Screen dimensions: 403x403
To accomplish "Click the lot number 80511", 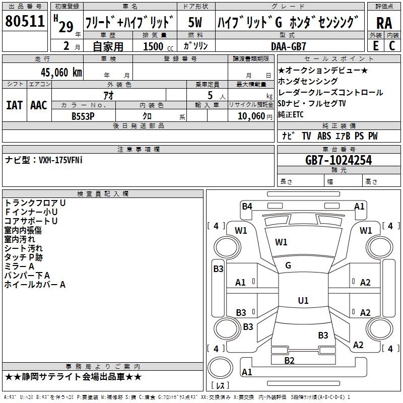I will [25, 22].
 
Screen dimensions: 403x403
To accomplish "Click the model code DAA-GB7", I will [285, 46].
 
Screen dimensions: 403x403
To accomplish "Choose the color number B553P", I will [83, 116].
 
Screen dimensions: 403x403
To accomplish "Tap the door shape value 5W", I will [195, 23].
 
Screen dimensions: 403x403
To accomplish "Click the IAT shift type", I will [14, 105].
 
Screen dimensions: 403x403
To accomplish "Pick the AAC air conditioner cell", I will [39, 105].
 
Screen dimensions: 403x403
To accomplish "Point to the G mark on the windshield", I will [288, 265].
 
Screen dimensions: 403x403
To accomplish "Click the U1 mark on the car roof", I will [303, 301].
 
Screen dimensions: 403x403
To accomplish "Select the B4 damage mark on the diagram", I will [247, 206].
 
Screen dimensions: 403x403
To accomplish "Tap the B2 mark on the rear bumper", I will [289, 360].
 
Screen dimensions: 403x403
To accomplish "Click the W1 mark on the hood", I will [281, 242].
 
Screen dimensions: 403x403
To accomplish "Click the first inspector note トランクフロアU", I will [35, 203].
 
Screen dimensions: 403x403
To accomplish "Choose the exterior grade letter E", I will [375, 46].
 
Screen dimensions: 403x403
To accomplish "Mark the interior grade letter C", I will [392, 46].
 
